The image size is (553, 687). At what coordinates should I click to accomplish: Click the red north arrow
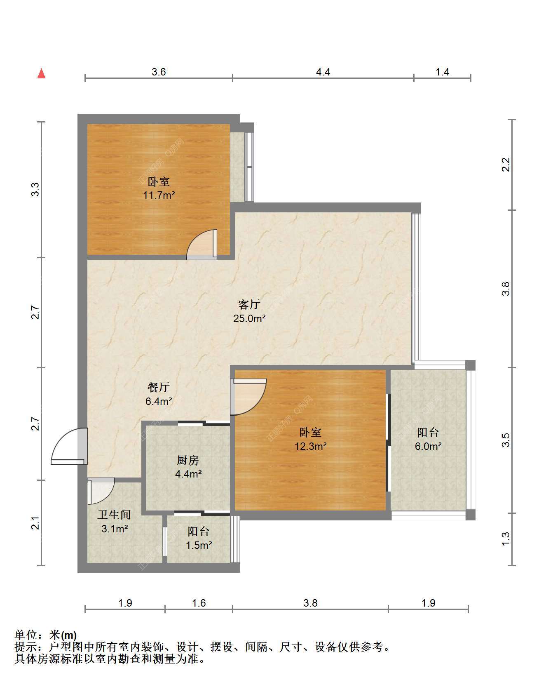(x=41, y=73)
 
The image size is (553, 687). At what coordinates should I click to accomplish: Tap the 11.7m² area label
(x=159, y=195)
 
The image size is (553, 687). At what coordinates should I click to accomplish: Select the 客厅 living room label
(x=249, y=304)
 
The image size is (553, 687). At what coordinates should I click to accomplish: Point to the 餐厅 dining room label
(x=159, y=387)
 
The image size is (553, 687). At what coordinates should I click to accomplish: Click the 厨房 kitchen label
(x=188, y=460)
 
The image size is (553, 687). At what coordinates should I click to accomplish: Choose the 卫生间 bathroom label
(x=114, y=515)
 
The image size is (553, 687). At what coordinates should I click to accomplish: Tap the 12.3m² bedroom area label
(x=311, y=446)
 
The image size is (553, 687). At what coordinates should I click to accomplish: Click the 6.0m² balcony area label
(x=428, y=446)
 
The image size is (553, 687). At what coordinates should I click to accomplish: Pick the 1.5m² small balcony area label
(x=199, y=545)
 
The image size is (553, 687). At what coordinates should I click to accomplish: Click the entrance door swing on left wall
(x=69, y=447)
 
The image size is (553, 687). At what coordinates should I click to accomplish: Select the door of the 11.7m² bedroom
(x=202, y=245)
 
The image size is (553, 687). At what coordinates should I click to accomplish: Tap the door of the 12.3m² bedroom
(x=248, y=397)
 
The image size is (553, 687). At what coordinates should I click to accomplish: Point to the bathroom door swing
(x=101, y=491)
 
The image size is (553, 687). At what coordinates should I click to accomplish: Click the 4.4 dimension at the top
(x=323, y=72)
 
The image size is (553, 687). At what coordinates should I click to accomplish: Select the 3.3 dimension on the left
(x=35, y=189)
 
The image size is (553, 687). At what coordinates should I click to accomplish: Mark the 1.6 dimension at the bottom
(x=199, y=603)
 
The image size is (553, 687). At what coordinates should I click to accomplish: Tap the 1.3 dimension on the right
(x=506, y=539)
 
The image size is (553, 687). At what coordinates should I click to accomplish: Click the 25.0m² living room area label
(x=249, y=318)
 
